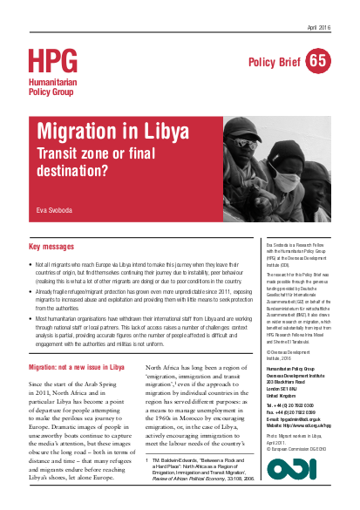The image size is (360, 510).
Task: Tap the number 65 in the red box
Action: pos(318,60)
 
